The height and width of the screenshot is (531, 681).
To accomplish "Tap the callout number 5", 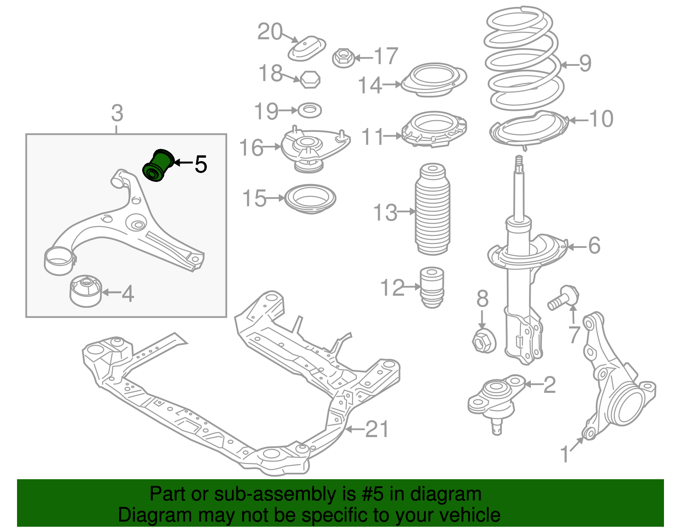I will tap(201, 164).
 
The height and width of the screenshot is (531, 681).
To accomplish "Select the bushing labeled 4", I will tap(86, 290).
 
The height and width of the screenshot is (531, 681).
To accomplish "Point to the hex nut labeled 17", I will tap(343, 57).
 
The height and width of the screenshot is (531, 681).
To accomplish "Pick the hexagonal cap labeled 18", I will tap(310, 80).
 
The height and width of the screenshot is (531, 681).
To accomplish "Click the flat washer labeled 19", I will tap(309, 111).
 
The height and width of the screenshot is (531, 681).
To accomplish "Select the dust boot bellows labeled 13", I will tap(432, 210).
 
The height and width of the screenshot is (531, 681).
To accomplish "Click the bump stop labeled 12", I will tap(432, 287).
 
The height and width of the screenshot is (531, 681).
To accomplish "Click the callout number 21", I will tap(377, 429).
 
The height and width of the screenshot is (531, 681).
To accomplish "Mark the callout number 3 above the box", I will tap(117, 113).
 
